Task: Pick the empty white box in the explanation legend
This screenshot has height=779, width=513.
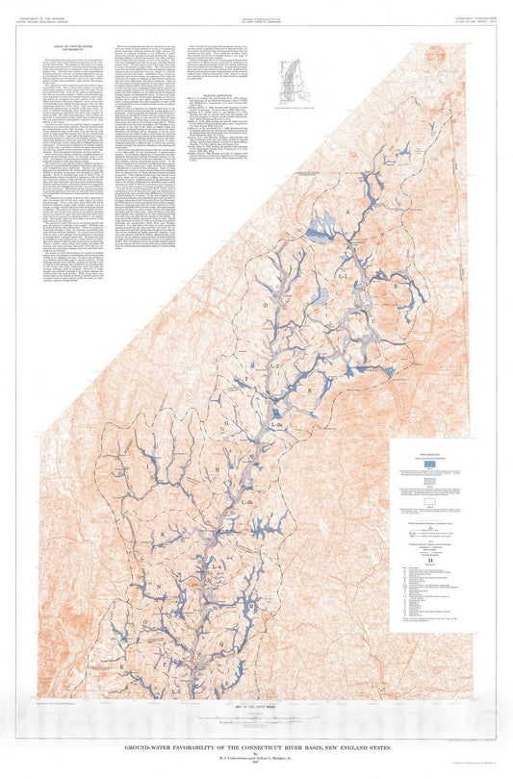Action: click(430, 500)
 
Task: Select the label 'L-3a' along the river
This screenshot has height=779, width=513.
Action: click(277, 425)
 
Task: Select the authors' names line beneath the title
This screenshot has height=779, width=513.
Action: click(256, 757)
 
